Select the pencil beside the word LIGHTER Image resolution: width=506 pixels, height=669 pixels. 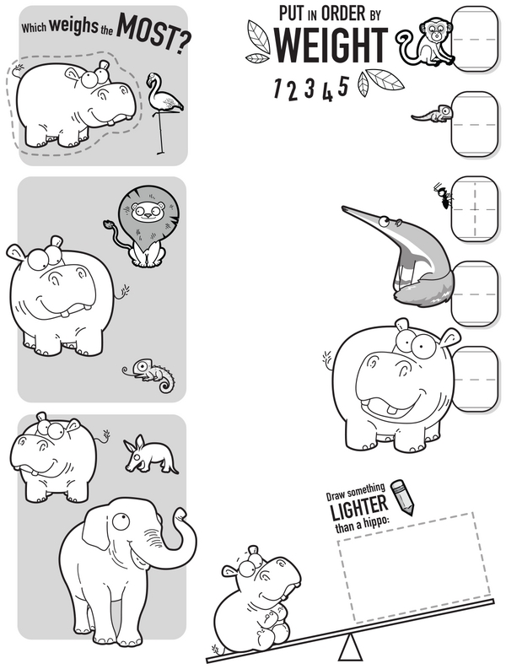tap(403, 497)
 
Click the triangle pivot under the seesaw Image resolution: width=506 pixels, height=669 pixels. tap(351, 648)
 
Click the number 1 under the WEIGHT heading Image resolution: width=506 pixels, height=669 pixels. tap(277, 88)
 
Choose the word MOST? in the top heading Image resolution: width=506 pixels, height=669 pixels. tap(153, 33)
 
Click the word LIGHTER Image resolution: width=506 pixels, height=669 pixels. tap(359, 506)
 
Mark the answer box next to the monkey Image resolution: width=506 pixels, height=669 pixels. tap(475, 40)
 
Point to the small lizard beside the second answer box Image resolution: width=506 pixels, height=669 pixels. tap(431, 114)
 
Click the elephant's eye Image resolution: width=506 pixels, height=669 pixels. tap(121, 522)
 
